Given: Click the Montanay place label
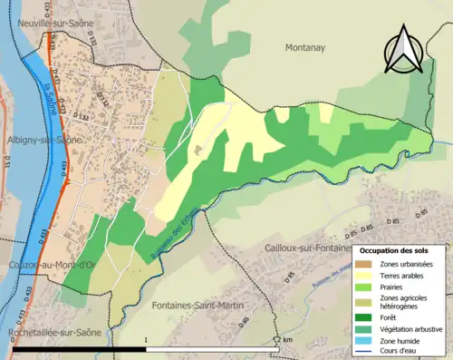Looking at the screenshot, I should tap(309, 46).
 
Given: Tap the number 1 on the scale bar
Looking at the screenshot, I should tap(147, 340).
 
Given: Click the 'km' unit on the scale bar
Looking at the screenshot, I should tap(288, 340).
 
